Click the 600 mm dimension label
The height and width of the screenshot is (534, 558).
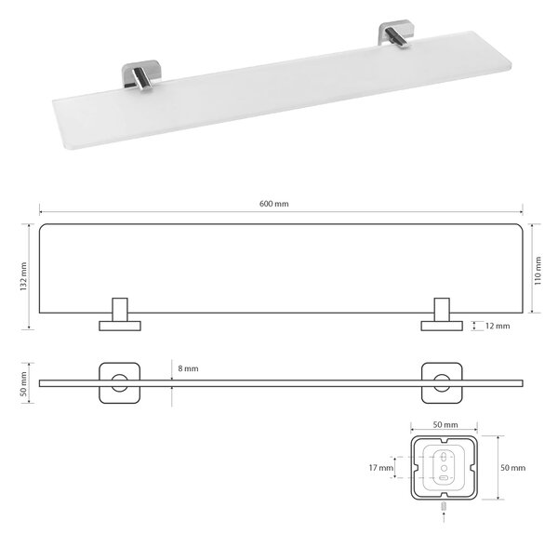273,204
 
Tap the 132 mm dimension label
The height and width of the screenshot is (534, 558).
23,276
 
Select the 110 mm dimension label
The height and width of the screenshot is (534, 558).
538,271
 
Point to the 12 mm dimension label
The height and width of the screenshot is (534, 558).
498,326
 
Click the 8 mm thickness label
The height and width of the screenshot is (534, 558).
188,368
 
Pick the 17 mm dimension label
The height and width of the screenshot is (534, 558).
381,467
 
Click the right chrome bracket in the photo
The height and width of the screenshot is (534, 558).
396,34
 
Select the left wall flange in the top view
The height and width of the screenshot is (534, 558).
120,326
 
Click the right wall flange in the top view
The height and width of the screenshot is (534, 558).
442,326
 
